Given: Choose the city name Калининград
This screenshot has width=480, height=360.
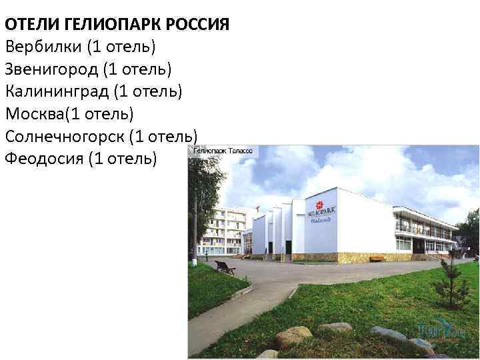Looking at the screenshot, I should (x=56, y=91).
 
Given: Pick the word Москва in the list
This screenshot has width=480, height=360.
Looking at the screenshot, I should (x=35, y=114).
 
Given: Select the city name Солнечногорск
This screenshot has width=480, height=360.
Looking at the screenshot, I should (x=63, y=136).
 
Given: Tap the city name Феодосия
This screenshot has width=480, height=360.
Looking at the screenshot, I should (x=43, y=158).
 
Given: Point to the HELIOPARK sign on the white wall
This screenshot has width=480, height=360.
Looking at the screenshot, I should (x=322, y=213).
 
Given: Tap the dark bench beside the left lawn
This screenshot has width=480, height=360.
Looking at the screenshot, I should (x=225, y=267).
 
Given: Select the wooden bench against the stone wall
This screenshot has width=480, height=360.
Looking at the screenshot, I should (x=377, y=258).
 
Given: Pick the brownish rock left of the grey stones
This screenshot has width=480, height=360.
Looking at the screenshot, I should (x=293, y=336).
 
